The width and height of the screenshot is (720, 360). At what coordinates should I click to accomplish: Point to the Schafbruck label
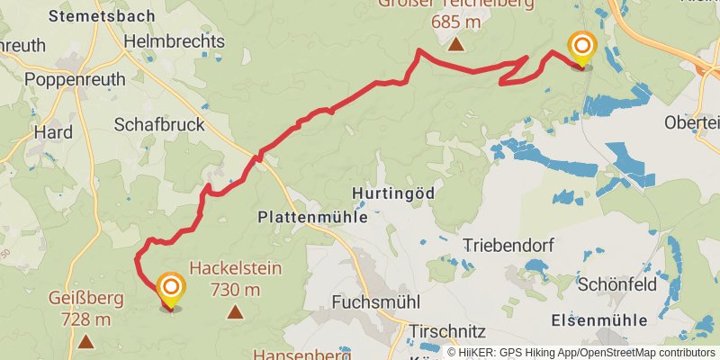160,125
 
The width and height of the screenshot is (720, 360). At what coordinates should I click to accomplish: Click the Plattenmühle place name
312,217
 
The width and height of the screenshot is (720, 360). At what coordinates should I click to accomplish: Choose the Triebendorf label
508,245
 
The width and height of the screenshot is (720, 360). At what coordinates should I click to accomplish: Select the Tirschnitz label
447,331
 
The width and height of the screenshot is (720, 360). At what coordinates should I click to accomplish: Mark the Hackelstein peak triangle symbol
236,312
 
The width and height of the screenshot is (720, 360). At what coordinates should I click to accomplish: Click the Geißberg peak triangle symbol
85,341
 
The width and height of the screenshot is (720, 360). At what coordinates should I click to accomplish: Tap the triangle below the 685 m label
456,44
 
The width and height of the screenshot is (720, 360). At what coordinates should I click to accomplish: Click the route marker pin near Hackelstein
170,289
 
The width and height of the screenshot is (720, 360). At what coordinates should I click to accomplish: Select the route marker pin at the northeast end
582,47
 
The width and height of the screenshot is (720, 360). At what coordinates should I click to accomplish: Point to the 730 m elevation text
235,289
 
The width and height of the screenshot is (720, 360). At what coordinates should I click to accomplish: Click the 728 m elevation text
86,319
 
